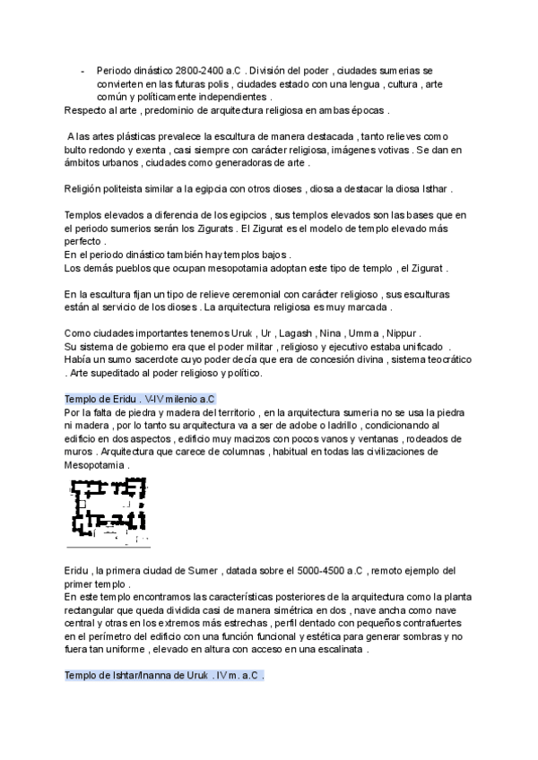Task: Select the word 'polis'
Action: click(x=204, y=82)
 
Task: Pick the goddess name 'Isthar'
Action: click(x=434, y=190)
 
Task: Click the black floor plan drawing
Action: click(x=108, y=511)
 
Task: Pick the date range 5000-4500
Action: click(x=325, y=570)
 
